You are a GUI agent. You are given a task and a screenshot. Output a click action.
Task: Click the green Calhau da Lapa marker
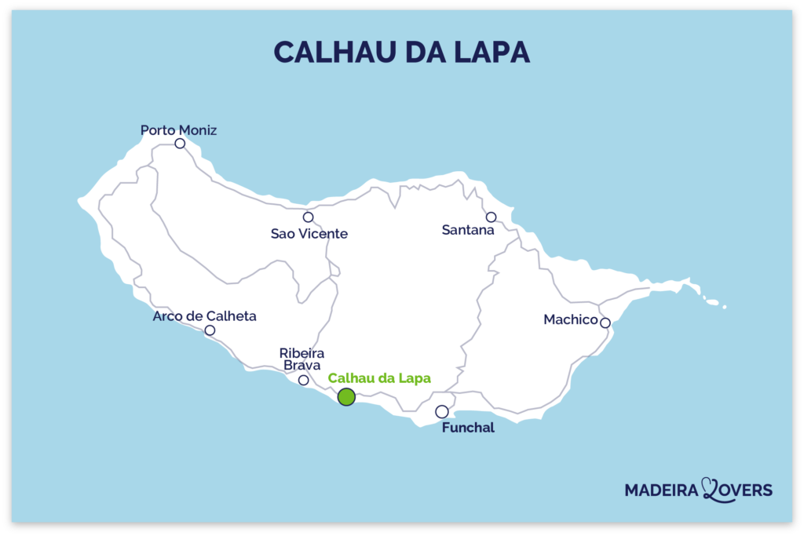click(346, 397)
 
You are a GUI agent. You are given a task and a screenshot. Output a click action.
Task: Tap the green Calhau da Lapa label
click(379, 378)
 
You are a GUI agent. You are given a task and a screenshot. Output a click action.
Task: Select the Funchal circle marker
click(442, 411)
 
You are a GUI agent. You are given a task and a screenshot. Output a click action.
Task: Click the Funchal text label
click(468, 428)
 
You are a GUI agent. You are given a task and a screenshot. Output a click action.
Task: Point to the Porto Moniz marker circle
click(180, 144)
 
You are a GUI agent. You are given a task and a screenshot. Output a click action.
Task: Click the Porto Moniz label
click(178, 129)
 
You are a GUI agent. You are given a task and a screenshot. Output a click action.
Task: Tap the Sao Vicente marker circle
click(308, 217)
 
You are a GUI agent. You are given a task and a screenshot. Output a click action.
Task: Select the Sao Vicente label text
click(309, 234)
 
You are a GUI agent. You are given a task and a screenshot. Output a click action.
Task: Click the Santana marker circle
click(491, 217)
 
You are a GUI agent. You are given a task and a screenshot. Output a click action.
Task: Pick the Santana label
click(468, 231)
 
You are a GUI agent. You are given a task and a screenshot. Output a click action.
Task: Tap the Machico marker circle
click(605, 323)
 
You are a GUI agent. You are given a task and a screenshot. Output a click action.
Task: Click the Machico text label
click(571, 320)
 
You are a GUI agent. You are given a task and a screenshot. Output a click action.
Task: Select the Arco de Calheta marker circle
click(210, 330)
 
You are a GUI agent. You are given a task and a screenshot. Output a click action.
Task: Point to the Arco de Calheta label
click(204, 316)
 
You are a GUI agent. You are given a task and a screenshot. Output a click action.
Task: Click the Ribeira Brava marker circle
click(303, 380)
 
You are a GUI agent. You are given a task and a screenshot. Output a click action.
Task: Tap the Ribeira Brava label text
click(302, 359)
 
